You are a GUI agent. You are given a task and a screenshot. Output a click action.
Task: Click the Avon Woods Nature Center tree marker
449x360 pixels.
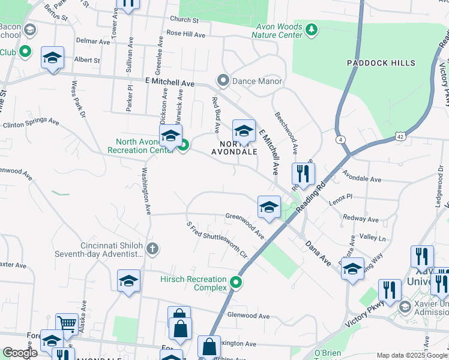pyautogui.click(x=311, y=29)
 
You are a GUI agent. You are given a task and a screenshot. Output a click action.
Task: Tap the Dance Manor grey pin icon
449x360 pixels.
pyautogui.click(x=223, y=80)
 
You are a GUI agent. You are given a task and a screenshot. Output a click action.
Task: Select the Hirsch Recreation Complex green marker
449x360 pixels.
pyautogui.click(x=237, y=282)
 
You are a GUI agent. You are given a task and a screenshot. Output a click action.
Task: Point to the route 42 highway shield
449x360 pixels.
pyautogui.click(x=401, y=136)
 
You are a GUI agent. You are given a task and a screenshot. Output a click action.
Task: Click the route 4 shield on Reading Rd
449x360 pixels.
pyautogui.click(x=341, y=140)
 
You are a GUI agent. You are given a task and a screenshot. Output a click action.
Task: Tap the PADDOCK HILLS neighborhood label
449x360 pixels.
pyautogui.click(x=381, y=63)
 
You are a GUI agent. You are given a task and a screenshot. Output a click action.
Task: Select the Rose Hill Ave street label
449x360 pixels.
pyautogui.click(x=186, y=34)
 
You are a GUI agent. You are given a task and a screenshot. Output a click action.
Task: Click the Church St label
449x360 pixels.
pyautogui.click(x=184, y=20)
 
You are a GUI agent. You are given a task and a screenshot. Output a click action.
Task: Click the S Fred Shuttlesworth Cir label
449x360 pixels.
pyautogui.click(x=217, y=239)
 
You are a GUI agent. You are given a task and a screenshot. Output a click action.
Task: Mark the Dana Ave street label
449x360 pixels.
pyautogui.click(x=318, y=253)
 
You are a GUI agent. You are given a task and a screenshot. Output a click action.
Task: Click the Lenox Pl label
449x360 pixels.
pyautogui.click(x=340, y=196)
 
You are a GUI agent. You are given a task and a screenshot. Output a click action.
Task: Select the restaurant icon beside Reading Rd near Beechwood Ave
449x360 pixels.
pyautogui.click(x=303, y=174)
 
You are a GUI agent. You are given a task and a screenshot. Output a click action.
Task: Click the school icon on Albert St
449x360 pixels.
pyautogui.click(x=52, y=58)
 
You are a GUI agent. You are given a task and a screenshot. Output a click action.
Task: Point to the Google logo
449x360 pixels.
pyautogui.click(x=20, y=353)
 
